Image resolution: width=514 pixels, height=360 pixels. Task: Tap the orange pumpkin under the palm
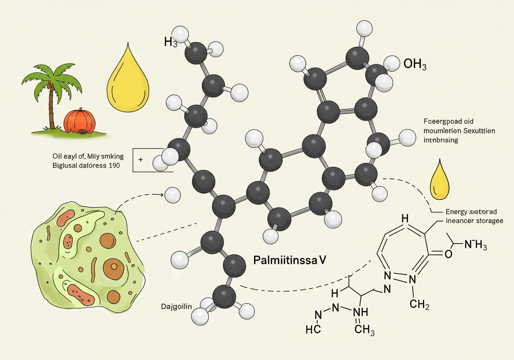coord(80,122)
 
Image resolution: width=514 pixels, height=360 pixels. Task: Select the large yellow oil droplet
coord(128,80)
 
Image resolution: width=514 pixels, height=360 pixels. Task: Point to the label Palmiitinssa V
coord(290,260)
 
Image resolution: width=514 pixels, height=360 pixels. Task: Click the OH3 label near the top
coord(415,64)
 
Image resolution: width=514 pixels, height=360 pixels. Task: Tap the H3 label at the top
coord(170,42)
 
